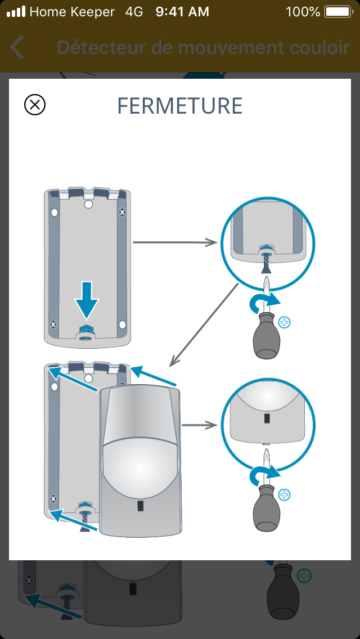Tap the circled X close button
coord(35,105)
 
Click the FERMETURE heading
coord(179,106)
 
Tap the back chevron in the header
coord(17,48)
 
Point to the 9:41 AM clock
coord(182,11)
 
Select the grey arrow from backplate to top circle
coord(175,242)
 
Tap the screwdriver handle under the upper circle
coord(265,338)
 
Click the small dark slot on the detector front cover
coord(139,506)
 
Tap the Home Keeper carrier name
coord(71,11)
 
